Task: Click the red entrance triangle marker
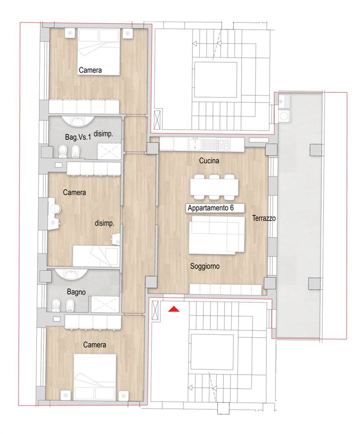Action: (x=174, y=309)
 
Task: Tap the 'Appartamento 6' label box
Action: (x=215, y=208)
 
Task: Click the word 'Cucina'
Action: (x=209, y=161)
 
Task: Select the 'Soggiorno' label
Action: (x=205, y=266)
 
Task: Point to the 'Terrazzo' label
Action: (x=264, y=218)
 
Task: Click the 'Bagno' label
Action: (x=76, y=292)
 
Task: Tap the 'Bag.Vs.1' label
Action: (x=78, y=137)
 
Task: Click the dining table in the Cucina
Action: (x=214, y=187)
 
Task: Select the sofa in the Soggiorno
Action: (x=217, y=235)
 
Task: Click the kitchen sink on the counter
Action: (x=195, y=144)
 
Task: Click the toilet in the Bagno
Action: (x=56, y=305)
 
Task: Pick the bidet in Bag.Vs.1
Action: (x=75, y=151)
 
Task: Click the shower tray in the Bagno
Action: (x=105, y=304)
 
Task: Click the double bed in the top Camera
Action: (x=98, y=51)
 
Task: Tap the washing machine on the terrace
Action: (x=284, y=116)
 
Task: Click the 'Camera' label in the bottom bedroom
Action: (x=95, y=345)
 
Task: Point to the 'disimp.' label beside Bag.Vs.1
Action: (x=103, y=134)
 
